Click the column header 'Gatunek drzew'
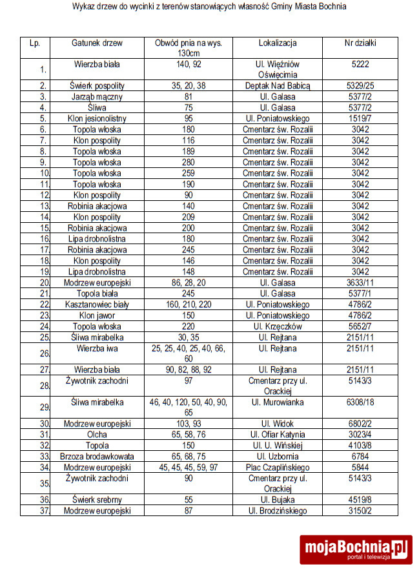click(97, 43)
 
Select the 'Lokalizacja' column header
click(278, 43)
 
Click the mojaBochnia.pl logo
click(356, 549)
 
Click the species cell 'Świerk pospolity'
click(97, 86)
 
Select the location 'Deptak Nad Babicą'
click(278, 86)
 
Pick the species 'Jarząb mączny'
click(97, 97)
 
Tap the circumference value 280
click(189, 162)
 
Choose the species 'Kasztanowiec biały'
click(97, 304)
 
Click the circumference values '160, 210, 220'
click(189, 304)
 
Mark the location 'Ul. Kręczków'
click(278, 326)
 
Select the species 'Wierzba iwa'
click(97, 348)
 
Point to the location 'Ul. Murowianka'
click(278, 402)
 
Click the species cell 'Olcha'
click(97, 435)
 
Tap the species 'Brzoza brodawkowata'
click(97, 457)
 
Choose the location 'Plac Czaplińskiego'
click(278, 468)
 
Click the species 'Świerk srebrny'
click(97, 500)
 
